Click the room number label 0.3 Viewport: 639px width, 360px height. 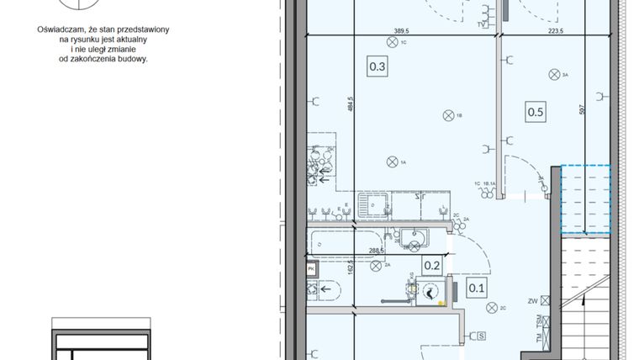tap(377, 66)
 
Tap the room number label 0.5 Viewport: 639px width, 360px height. tap(535, 109)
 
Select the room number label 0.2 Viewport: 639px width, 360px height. tap(432, 266)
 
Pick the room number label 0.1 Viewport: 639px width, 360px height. tap(476, 289)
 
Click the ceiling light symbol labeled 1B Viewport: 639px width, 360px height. tap(446, 116)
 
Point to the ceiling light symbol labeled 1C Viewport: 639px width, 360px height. tap(392, 41)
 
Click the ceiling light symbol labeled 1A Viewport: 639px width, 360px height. tap(391, 161)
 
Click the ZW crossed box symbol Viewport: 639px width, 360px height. tap(545, 300)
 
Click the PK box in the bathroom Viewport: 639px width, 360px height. tap(311, 268)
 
